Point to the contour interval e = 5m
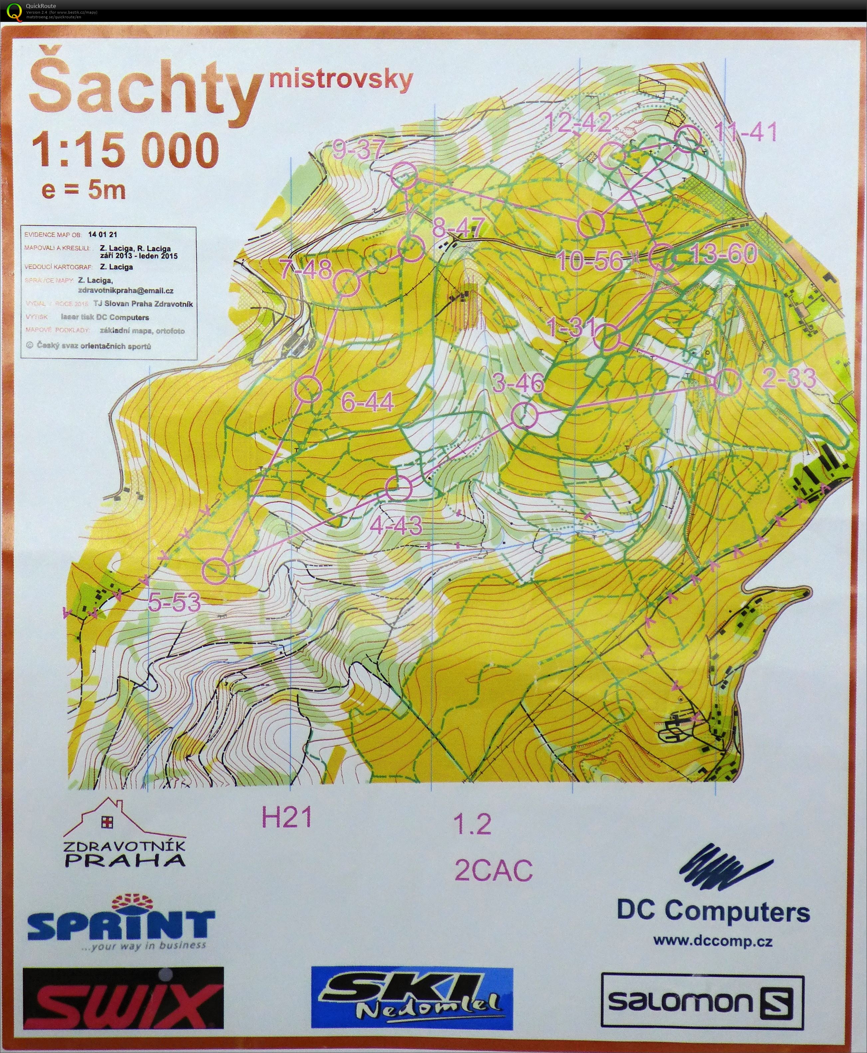84,190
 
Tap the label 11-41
746,132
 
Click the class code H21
287,818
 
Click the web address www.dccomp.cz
713,941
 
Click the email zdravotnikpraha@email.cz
126,290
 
